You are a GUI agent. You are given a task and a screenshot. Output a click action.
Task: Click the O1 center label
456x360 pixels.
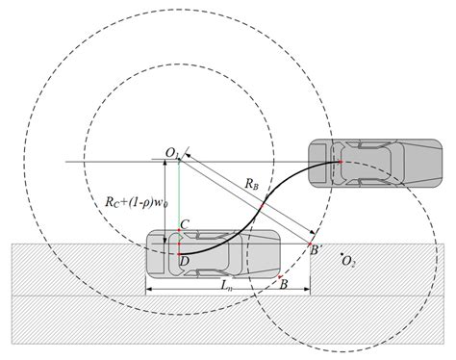pos(171,153)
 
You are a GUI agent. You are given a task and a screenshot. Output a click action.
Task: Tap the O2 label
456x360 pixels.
pos(349,262)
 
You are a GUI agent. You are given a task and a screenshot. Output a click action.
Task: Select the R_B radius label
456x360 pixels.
pos(251,184)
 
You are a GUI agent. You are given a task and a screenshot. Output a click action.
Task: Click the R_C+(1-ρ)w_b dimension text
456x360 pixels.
pos(137,202)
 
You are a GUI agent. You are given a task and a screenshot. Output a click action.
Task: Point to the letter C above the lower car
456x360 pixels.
pos(184,225)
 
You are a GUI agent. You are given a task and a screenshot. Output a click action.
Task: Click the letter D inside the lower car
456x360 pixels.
pos(184,262)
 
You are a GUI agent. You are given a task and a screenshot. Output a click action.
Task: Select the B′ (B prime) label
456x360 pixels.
pos(316,250)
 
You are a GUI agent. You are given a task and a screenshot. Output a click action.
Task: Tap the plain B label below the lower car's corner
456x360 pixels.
pos(284,285)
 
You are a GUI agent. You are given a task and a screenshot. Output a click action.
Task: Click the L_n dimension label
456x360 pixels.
pos(227,286)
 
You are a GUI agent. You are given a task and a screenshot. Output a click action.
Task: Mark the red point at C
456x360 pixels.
pos(179,230)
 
